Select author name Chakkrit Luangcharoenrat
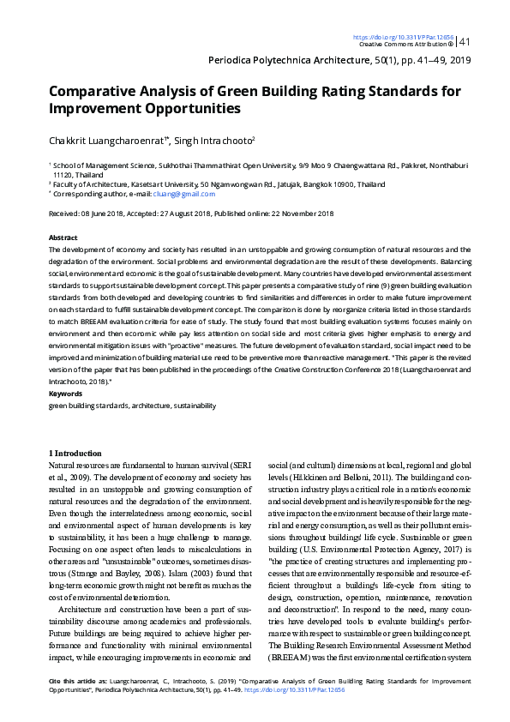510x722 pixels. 108,141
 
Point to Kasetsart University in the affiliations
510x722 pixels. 162,184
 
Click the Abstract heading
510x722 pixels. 63,238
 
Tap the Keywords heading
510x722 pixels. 65,394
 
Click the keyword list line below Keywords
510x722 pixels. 133,405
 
